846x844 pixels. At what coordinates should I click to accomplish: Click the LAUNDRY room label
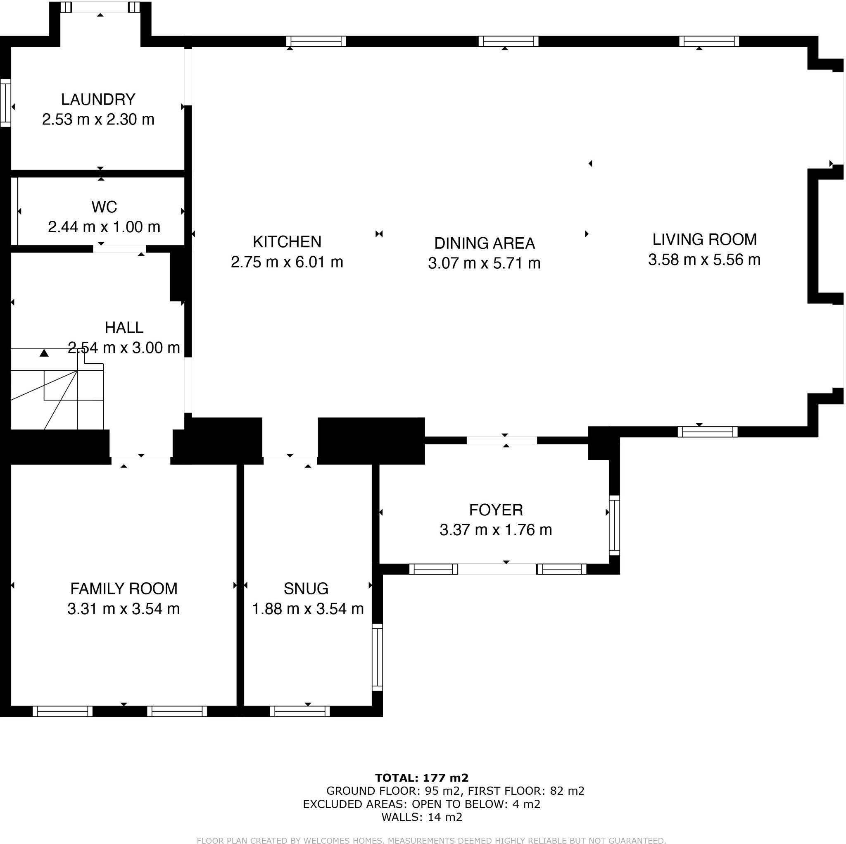pos(98,100)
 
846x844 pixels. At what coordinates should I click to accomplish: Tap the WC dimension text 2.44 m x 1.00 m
pos(104,227)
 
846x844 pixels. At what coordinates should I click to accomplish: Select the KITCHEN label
pos(287,242)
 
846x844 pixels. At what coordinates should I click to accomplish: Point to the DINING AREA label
pos(484,243)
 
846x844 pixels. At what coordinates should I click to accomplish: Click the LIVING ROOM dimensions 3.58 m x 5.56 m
pos(704,260)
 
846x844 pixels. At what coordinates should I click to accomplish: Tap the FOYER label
pos(496,510)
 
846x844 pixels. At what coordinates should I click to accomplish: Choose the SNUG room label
pos(306,589)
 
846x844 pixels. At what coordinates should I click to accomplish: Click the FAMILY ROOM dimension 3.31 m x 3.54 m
pos(124,609)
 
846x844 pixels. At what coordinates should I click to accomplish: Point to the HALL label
pos(124,327)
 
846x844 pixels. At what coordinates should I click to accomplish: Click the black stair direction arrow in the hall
pos(44,353)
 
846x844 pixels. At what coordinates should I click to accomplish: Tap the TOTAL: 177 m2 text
pos(422,778)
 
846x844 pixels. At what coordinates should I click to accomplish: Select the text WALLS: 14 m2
pos(422,817)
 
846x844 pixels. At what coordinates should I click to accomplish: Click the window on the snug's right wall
pos(377,657)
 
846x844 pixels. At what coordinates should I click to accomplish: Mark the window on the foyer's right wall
pos(614,525)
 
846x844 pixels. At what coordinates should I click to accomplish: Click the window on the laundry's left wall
pos(5,103)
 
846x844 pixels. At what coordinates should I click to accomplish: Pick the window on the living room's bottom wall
pos(708,432)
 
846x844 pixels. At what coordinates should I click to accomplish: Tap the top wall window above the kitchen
pos(316,42)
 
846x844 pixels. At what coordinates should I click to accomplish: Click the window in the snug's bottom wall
pos(300,711)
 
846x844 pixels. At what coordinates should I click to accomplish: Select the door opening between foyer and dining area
pos(502,441)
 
